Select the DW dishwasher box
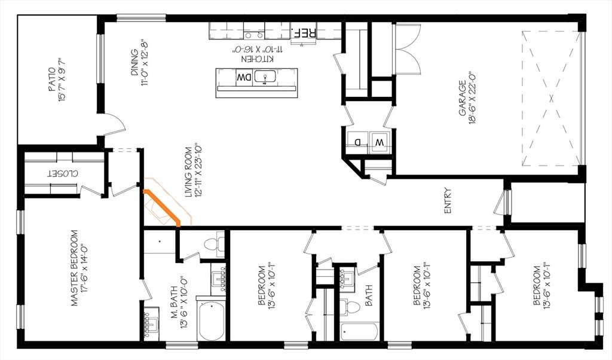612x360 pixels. pos(244,78)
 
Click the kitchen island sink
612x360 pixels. pos(265,77)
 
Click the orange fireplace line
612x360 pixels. pos(162,208)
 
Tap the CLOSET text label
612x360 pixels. pos(62,173)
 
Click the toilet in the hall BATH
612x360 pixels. pos(349,309)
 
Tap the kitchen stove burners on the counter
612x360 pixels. pos(254,36)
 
